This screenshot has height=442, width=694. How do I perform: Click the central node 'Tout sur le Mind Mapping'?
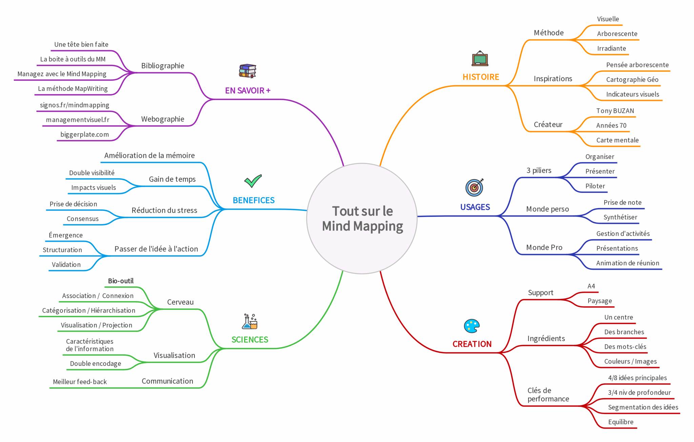click(x=362, y=219)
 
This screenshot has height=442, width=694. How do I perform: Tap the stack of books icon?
click(x=247, y=71)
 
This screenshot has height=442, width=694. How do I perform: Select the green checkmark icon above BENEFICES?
click(x=253, y=181)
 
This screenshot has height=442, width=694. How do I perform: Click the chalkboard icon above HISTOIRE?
click(x=480, y=59)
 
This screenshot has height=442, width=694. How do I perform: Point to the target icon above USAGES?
click(x=474, y=187)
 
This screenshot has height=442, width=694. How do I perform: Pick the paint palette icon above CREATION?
click(x=472, y=326)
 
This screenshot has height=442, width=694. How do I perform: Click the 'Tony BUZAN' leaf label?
click(x=615, y=111)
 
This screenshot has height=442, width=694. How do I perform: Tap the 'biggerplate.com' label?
click(x=85, y=135)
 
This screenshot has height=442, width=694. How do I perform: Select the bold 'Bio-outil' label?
click(x=121, y=281)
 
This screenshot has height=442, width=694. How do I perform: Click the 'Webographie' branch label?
click(x=163, y=119)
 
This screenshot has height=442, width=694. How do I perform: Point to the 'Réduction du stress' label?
click(x=164, y=210)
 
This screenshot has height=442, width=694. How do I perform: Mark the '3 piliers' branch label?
click(x=539, y=170)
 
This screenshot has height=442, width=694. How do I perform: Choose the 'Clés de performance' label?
click(x=548, y=395)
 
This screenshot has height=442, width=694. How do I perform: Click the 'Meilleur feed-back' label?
click(x=80, y=382)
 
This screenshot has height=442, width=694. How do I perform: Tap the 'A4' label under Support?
click(x=591, y=286)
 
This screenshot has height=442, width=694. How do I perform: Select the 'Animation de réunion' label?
click(x=628, y=263)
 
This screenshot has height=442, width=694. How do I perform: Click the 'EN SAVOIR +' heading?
click(x=248, y=91)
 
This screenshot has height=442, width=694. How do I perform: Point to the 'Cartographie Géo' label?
click(x=632, y=80)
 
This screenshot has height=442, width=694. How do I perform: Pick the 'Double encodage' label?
click(x=96, y=364)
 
